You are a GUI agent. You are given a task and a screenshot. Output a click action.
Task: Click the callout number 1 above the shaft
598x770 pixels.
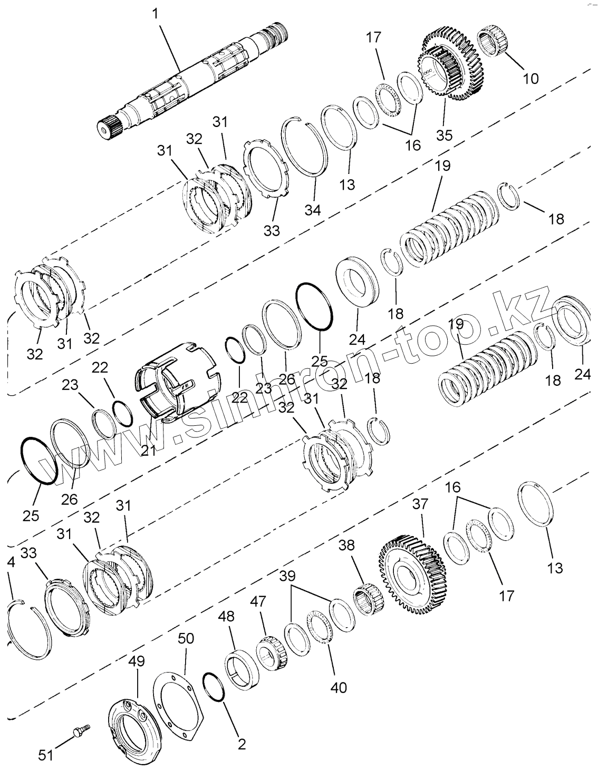point(155,14)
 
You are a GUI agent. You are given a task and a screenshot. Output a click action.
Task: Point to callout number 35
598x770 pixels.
point(444,135)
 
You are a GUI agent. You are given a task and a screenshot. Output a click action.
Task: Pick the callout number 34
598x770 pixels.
point(312,210)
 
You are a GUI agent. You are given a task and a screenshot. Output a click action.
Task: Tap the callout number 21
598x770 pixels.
point(149,450)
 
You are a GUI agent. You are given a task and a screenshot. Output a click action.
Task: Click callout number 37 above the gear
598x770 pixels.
point(420,504)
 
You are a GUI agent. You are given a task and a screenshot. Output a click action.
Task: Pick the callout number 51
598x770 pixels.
point(46,755)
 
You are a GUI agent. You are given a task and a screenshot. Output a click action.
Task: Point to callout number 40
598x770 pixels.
point(338,687)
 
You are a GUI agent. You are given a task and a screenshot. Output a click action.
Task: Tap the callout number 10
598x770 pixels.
point(531,79)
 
